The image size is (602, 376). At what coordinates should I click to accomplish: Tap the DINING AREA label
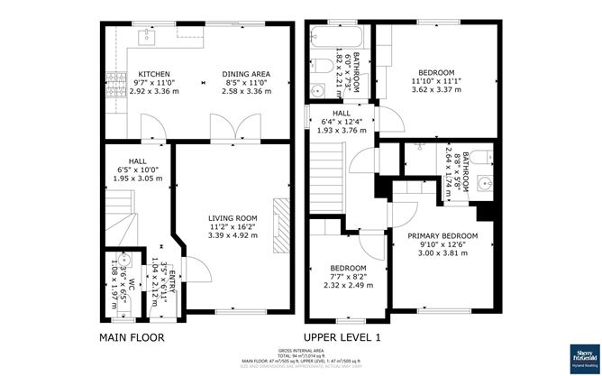point(244,74)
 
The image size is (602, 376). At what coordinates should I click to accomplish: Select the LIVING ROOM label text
point(233,217)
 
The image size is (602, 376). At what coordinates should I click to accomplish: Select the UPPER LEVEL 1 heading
point(343,338)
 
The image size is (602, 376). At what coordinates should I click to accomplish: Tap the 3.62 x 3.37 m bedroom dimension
point(434,88)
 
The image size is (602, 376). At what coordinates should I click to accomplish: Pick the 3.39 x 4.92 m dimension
point(233,235)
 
